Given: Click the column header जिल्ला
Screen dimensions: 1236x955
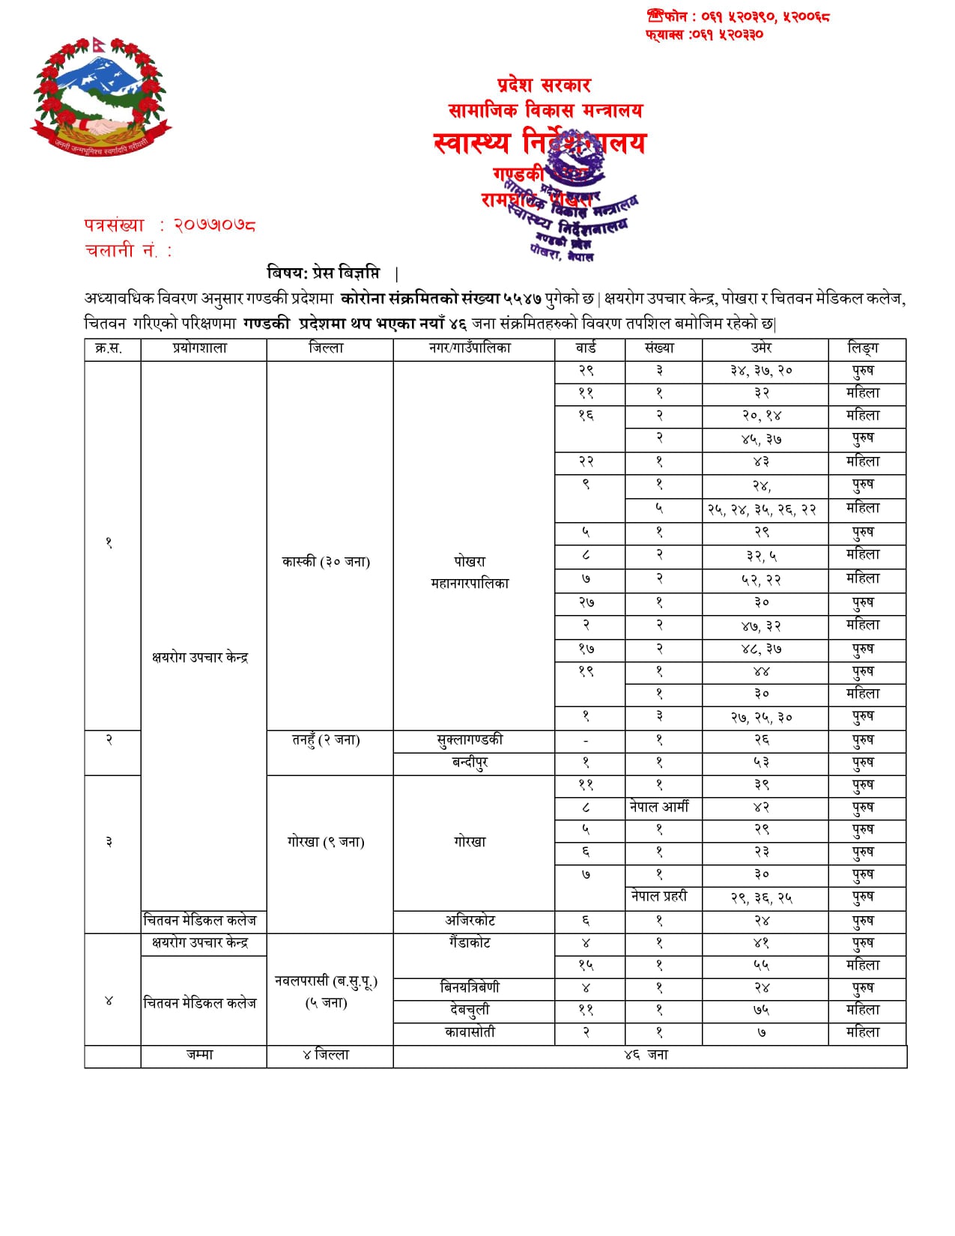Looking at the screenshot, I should pyautogui.click(x=327, y=348).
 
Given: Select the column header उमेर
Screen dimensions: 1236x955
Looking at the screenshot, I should pyautogui.click(x=762, y=348).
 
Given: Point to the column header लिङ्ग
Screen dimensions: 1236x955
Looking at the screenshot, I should pyautogui.click(x=863, y=348).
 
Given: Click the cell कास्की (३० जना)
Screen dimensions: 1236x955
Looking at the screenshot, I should pyautogui.click(x=327, y=562).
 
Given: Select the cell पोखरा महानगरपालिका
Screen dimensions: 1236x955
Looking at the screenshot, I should pyautogui.click(x=470, y=572).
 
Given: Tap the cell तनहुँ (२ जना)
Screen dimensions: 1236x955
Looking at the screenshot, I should pyautogui.click(x=327, y=740).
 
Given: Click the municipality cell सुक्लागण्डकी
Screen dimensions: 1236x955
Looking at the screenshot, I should pyautogui.click(x=470, y=740).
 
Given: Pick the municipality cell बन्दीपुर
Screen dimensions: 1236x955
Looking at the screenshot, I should pyautogui.click(x=470, y=763).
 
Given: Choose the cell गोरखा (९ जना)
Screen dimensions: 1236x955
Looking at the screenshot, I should pyautogui.click(x=327, y=842).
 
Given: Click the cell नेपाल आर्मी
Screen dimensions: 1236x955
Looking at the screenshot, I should pyautogui.click(x=659, y=807).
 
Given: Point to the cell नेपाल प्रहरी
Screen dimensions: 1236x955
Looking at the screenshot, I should pyautogui.click(x=659, y=896).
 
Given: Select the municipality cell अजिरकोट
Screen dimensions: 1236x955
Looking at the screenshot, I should pyautogui.click(x=470, y=921).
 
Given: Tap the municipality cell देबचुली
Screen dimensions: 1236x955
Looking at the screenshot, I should pyautogui.click(x=470, y=1010).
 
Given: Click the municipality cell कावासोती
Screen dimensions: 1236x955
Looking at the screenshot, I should pyautogui.click(x=470, y=1032).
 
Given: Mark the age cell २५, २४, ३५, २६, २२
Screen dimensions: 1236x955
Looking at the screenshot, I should pyautogui.click(x=762, y=509).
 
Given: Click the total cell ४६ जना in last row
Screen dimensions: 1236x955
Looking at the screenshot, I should pyautogui.click(x=646, y=1055).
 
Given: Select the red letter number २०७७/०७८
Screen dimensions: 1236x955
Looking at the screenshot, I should pyautogui.click(x=215, y=225).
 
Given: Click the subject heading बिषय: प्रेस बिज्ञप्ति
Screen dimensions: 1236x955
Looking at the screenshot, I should pyautogui.click(x=324, y=273).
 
